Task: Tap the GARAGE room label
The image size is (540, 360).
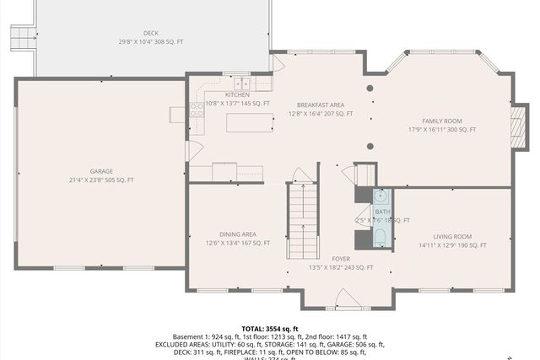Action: coord(101,171)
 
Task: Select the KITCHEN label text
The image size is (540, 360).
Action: coord(237,95)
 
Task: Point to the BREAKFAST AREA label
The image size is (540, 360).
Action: coord(320,105)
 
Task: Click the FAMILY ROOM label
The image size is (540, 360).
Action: coord(442,121)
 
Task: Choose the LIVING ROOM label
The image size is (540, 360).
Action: coord(452,237)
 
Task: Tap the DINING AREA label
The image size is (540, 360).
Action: coord(237,234)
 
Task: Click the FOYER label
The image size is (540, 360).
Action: coord(341,259)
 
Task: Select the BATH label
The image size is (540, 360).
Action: coord(383,212)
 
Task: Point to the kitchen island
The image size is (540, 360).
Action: coord(251,124)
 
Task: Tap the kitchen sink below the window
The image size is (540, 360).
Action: coord(241,83)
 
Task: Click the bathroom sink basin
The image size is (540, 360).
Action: coord(380,196)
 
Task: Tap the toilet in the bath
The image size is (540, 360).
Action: coord(380,236)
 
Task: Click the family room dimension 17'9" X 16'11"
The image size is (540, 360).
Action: coord(442,130)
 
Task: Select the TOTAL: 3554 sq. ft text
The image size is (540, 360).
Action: coord(270,329)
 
